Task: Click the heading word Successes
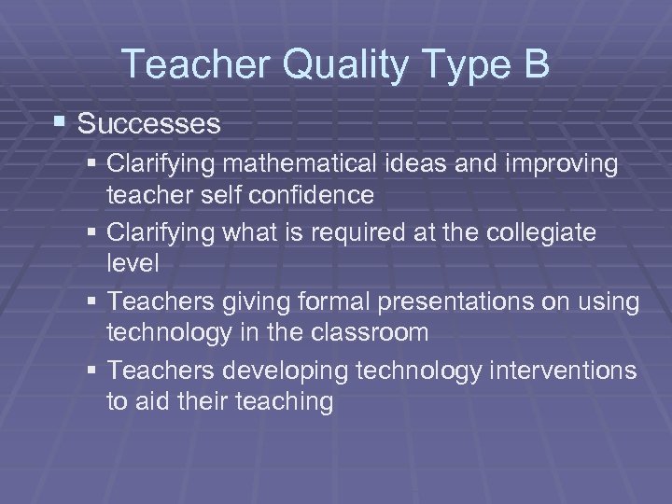[x=149, y=123]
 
